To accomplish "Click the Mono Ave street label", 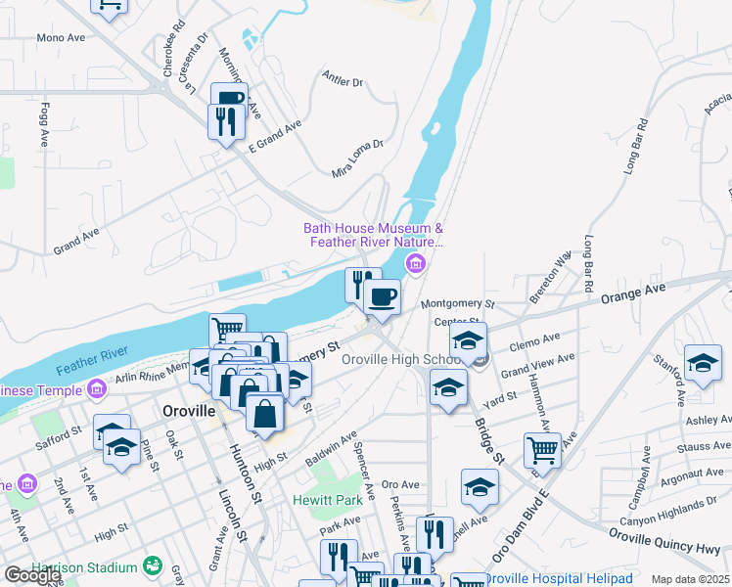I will [x=62, y=38].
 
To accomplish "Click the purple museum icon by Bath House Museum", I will [x=417, y=263].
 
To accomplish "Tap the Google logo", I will [x=32, y=575].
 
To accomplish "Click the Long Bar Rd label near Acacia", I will [x=636, y=147].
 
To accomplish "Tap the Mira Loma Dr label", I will [x=358, y=158].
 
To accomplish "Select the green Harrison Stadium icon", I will [x=152, y=566].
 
